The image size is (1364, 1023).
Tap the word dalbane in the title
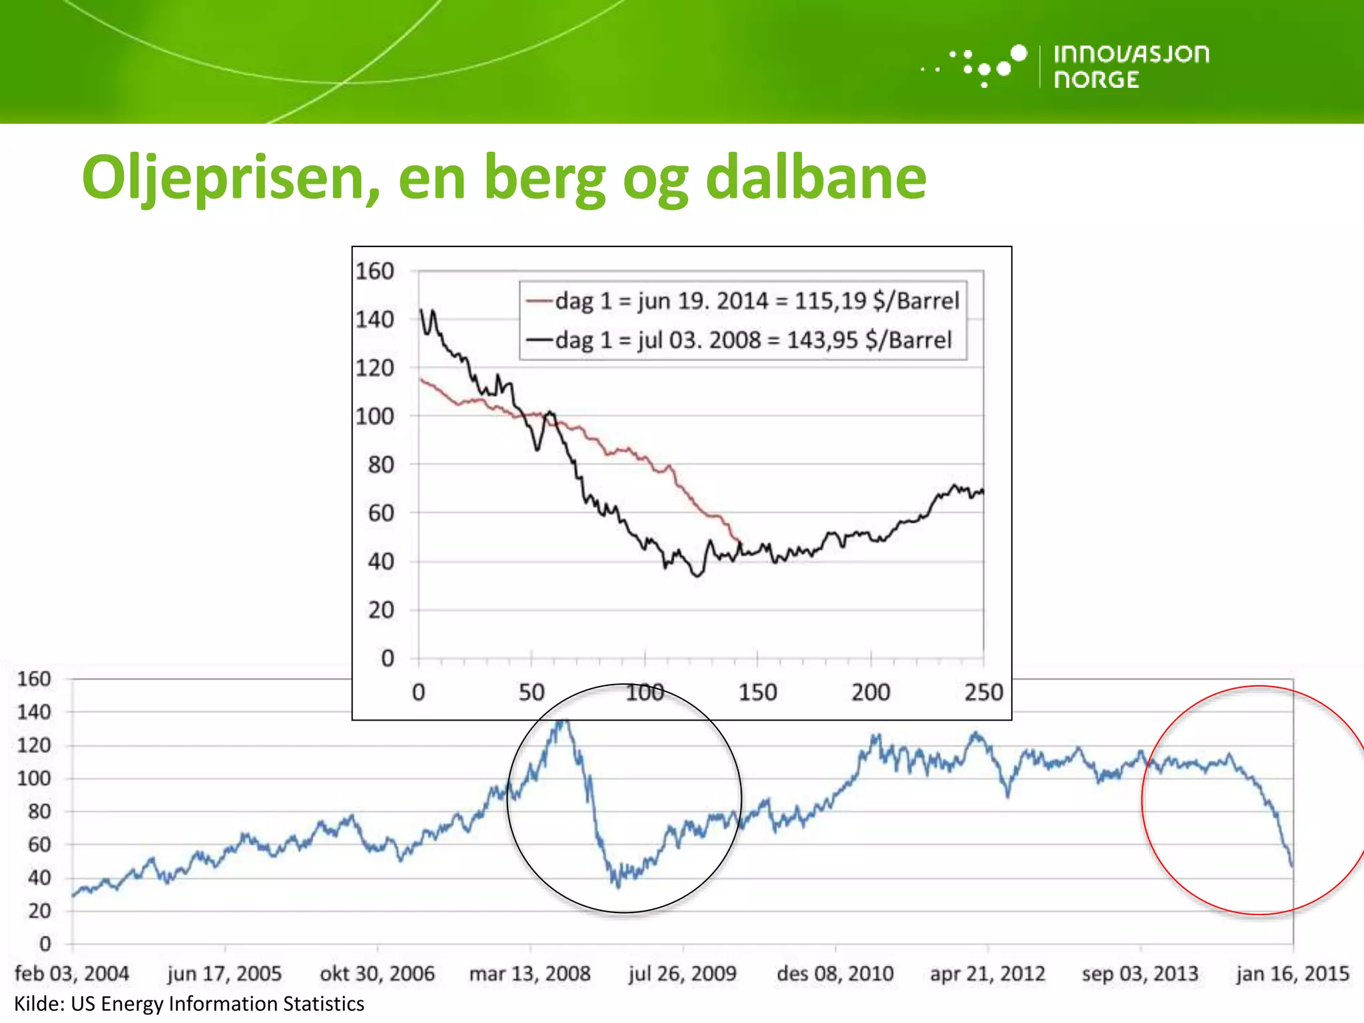pos(815,177)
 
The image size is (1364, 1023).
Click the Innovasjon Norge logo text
pos(1131,66)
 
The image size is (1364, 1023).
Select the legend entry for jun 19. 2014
pos(757,301)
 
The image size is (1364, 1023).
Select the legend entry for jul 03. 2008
pos(753,340)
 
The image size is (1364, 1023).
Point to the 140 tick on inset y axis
pos(374,320)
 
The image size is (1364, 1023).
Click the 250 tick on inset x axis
pos(983,693)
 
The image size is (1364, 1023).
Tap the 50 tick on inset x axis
pos(531,693)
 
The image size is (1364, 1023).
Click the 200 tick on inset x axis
pos(870,693)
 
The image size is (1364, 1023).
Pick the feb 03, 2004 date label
pos(72,973)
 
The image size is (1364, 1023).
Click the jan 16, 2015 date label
pos(1292,973)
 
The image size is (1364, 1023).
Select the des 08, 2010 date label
pos(835,973)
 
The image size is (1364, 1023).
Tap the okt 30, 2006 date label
pos(377,973)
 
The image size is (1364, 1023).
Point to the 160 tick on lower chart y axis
pos(34,679)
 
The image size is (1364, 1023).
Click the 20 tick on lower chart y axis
pos(39,910)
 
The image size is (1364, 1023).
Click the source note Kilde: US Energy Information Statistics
pos(189,1004)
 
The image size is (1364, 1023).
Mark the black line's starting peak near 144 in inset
pos(421,310)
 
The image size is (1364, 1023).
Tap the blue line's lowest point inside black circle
pos(618,886)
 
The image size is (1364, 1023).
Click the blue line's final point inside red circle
pos(1292,866)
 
